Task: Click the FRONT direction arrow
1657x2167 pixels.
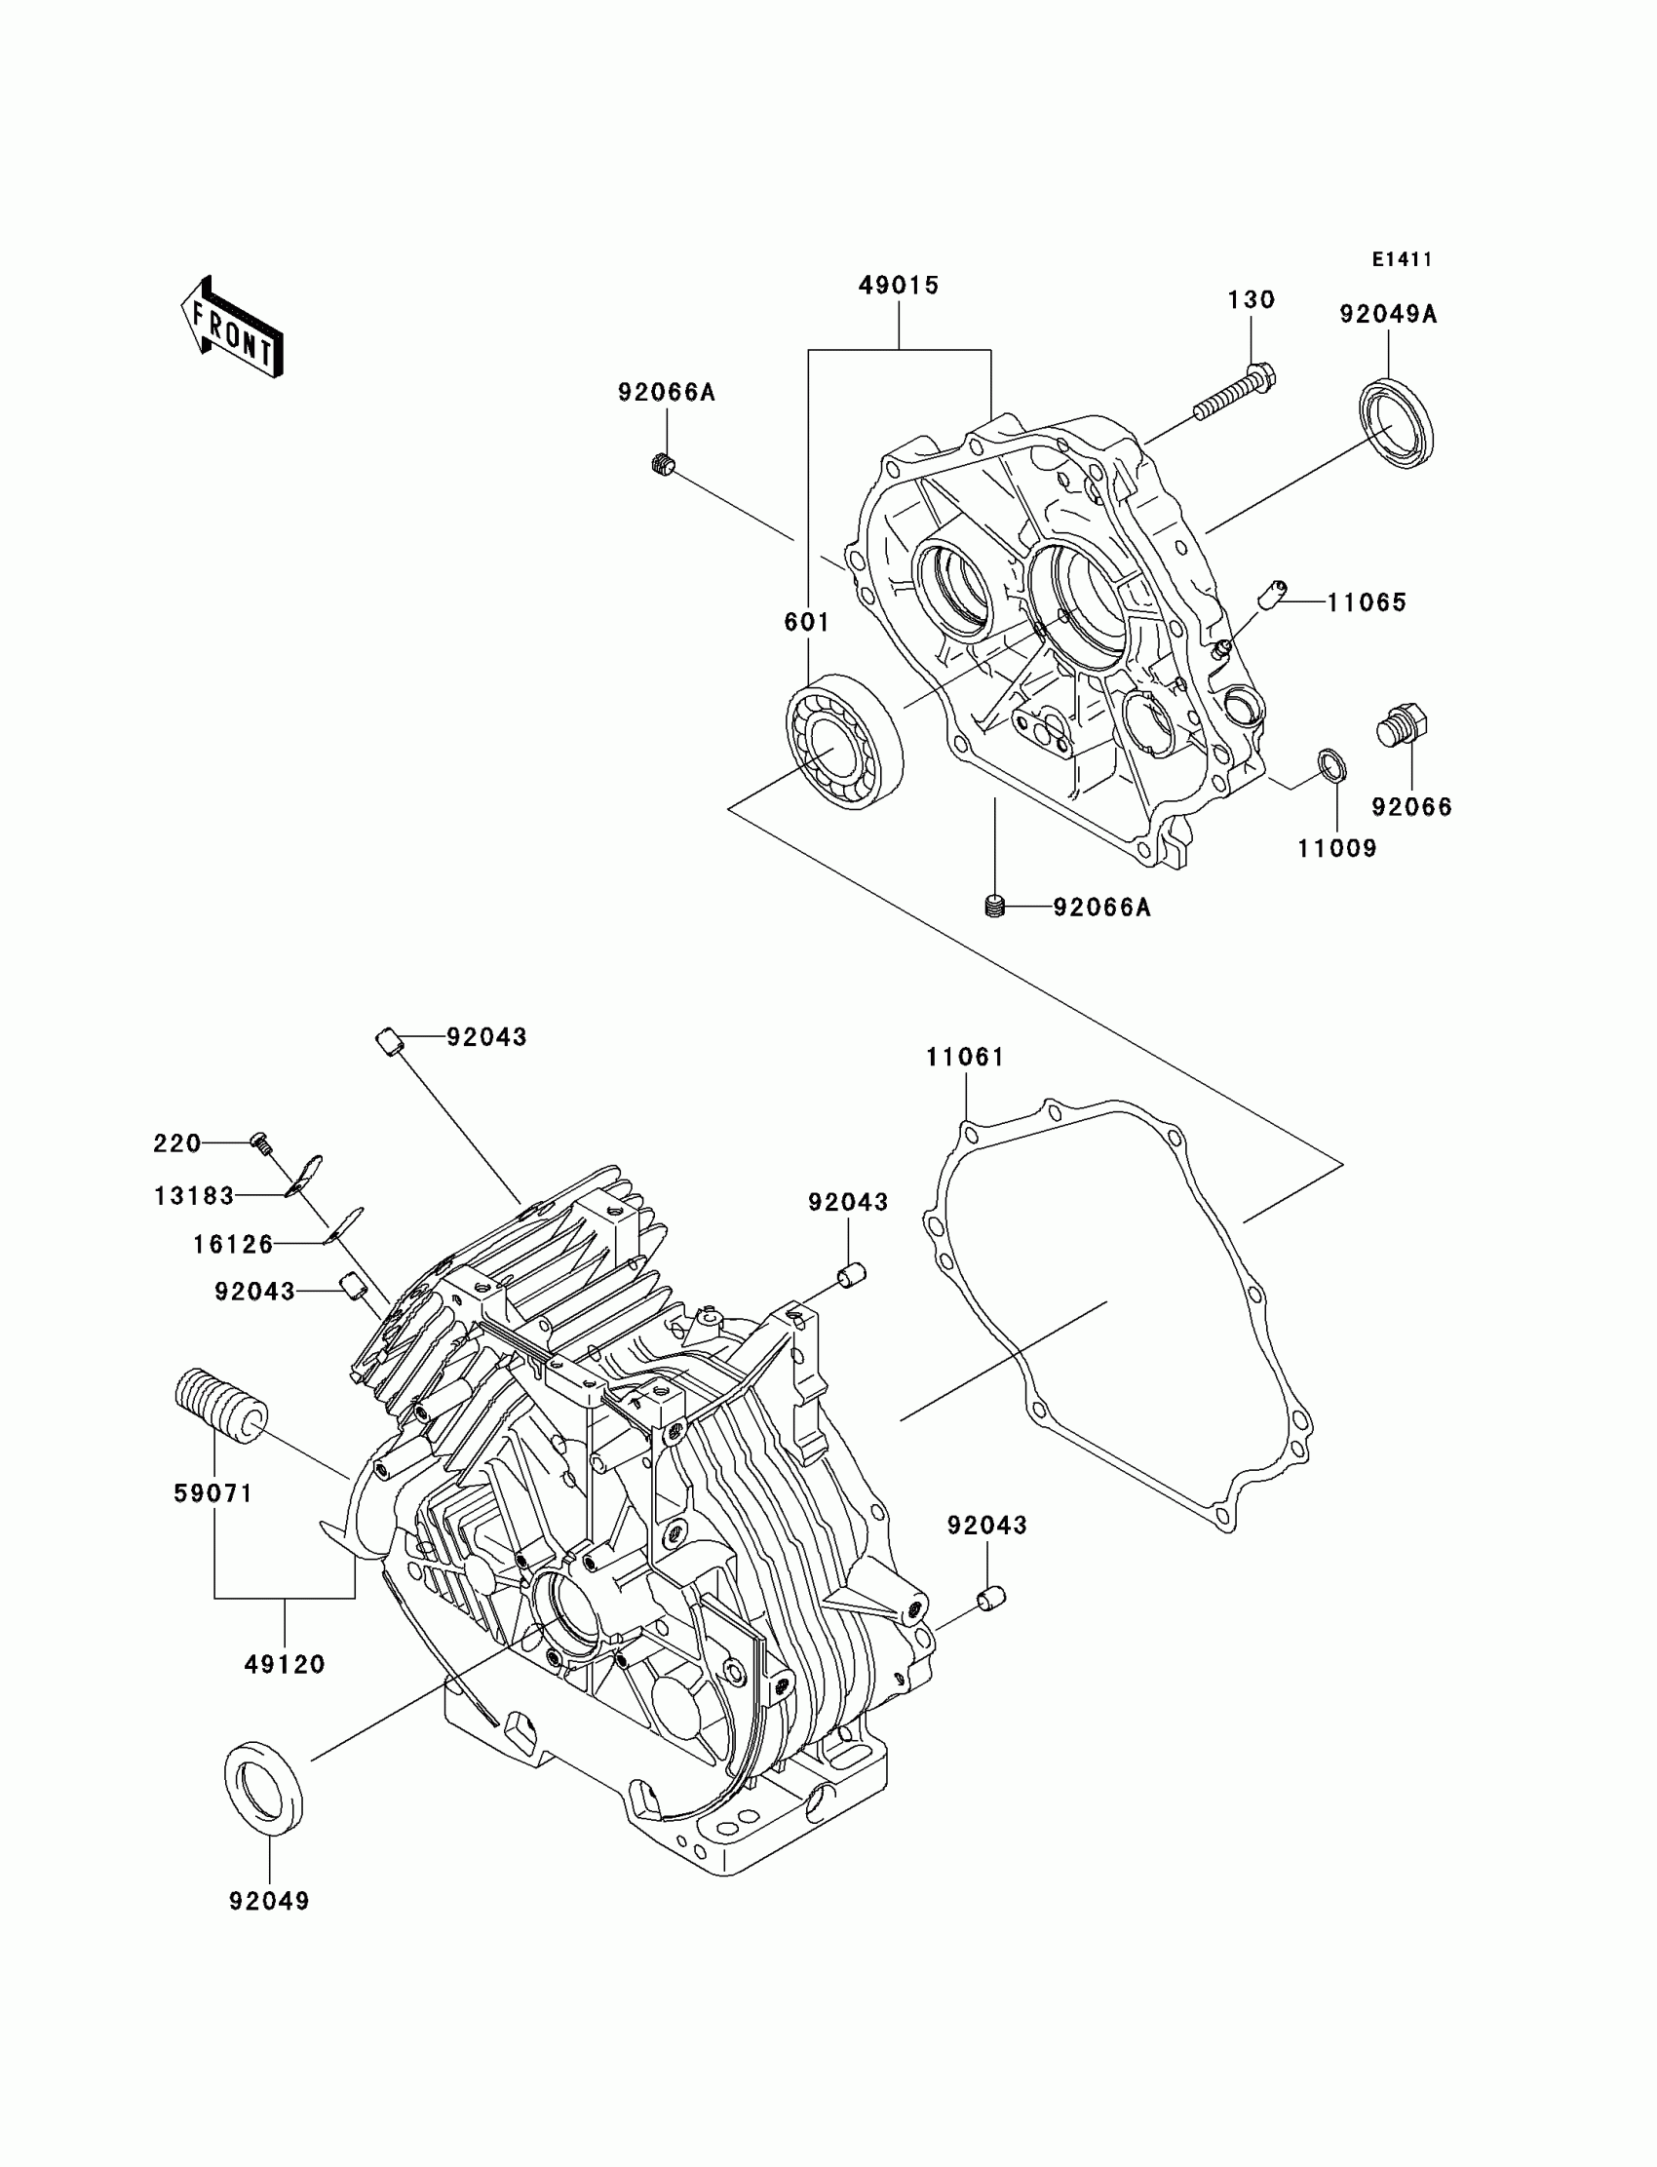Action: point(233,329)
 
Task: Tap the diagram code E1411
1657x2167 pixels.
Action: point(1402,259)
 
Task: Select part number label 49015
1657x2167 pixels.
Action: point(899,286)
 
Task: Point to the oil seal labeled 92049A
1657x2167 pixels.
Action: point(1396,422)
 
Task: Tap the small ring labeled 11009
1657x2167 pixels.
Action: point(1332,764)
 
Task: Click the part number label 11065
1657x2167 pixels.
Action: point(1366,602)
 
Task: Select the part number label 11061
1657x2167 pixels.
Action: point(965,1058)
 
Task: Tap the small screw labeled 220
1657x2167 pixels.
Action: point(261,1142)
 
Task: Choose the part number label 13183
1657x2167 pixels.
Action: point(194,1196)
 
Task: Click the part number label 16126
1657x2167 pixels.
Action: point(233,1245)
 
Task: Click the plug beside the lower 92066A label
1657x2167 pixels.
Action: point(995,907)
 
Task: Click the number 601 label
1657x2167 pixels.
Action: point(807,622)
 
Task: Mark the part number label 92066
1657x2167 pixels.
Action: point(1411,808)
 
